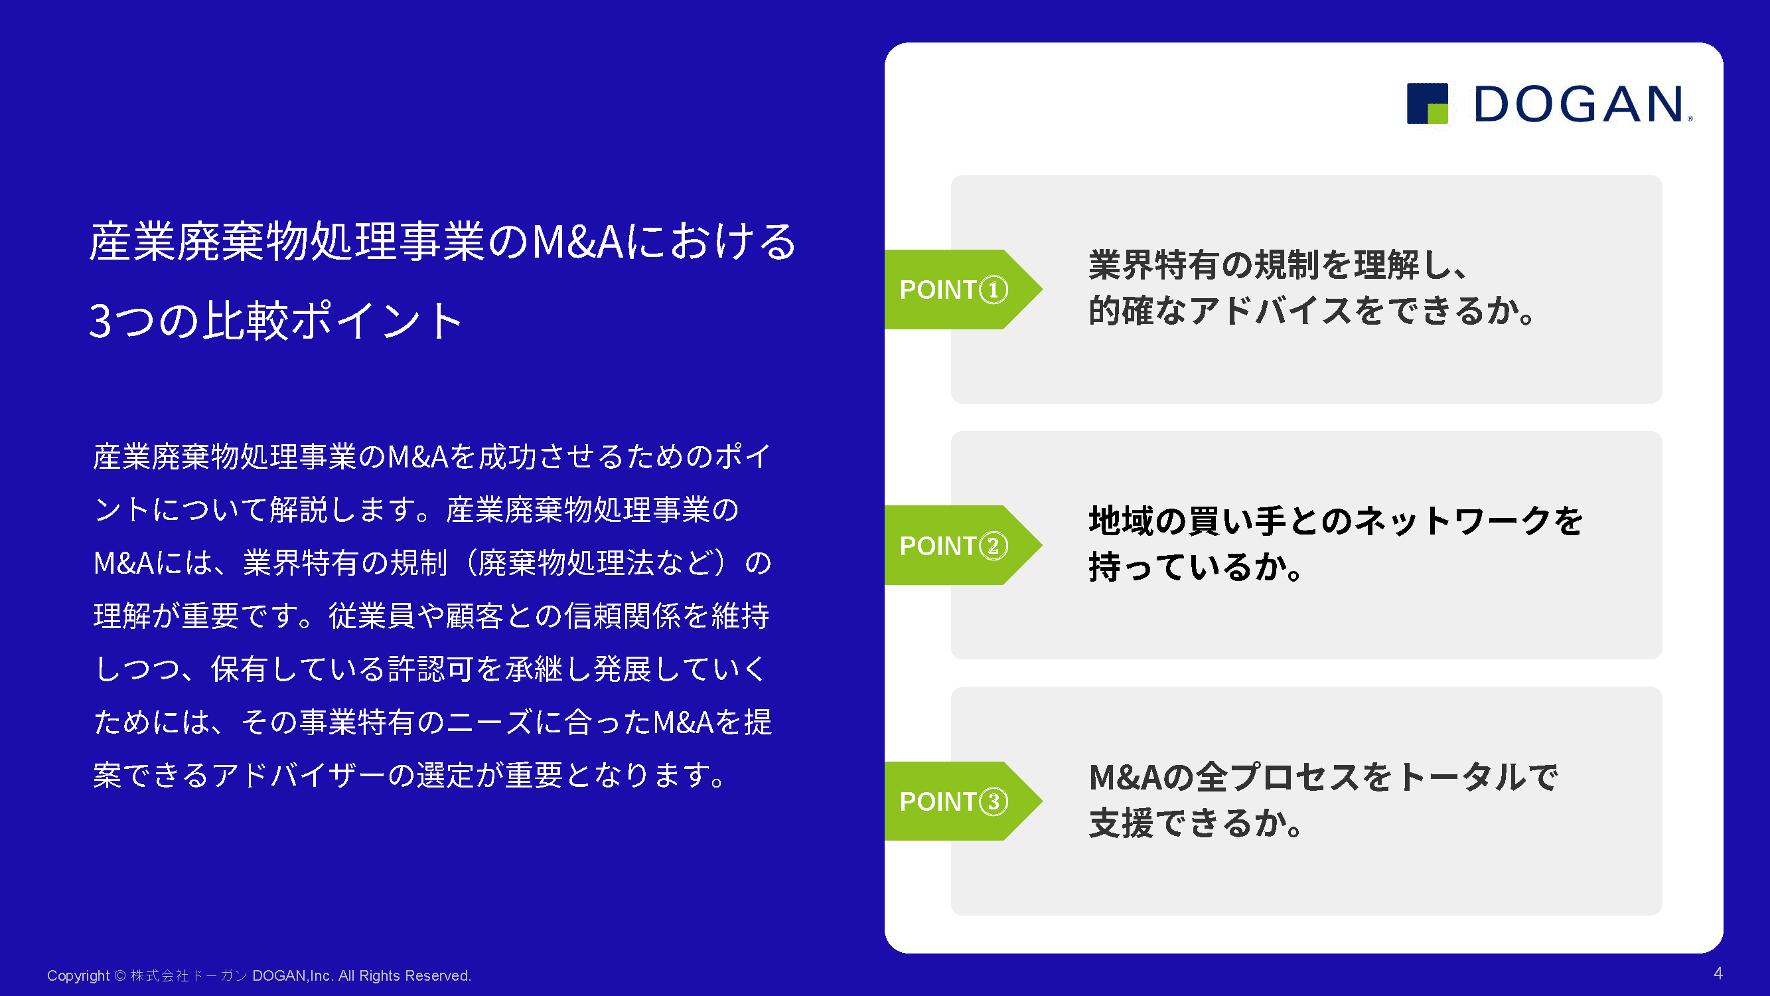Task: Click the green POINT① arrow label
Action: (962, 290)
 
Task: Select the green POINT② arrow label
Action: (962, 545)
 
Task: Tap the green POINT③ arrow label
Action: (962, 801)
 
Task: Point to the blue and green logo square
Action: (1427, 104)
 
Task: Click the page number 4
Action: (1718, 973)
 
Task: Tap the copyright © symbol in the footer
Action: (119, 975)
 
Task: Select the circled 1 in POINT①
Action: (993, 290)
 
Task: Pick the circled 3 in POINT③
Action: (993, 801)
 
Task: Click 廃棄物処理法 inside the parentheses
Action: (566, 563)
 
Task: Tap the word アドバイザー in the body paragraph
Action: (298, 776)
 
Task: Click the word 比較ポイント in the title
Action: (332, 321)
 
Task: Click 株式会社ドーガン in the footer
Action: (189, 975)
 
